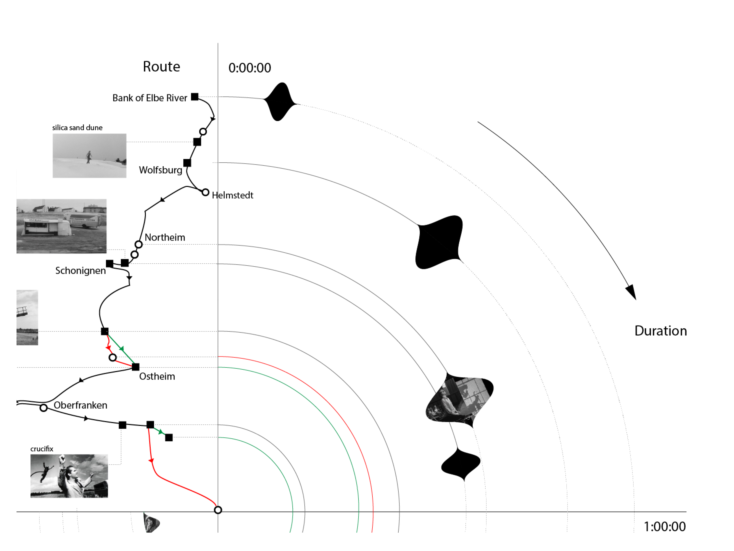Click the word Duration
(x=660, y=331)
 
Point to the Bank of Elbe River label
(x=150, y=98)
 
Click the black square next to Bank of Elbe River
(x=195, y=97)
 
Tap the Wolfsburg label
(x=161, y=170)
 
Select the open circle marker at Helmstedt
(x=205, y=192)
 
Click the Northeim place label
(x=165, y=237)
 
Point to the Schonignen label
(x=80, y=271)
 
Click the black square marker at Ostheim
(x=135, y=367)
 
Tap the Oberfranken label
(x=80, y=405)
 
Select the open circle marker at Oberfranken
(x=43, y=408)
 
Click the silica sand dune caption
(x=77, y=128)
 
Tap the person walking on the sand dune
(x=89, y=157)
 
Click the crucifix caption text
(x=42, y=449)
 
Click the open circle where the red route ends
(x=218, y=510)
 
